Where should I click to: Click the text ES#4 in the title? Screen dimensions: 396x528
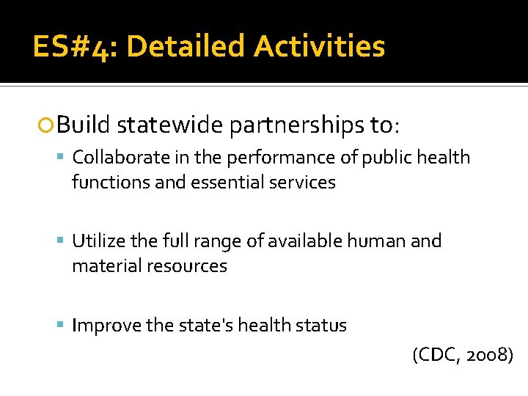click(73, 47)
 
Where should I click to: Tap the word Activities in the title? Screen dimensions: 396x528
click(320, 47)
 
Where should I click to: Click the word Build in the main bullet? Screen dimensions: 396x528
click(83, 125)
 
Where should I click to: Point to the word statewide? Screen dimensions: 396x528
click(170, 125)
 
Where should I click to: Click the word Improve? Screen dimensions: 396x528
click(106, 325)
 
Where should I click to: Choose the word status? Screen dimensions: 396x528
click(320, 325)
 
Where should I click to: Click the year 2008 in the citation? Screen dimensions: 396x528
click(488, 356)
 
